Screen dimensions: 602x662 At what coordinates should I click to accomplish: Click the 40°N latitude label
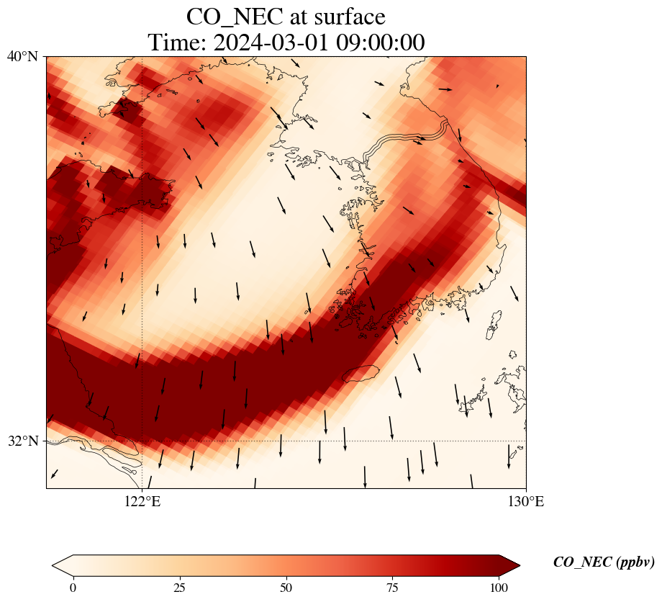click(22, 56)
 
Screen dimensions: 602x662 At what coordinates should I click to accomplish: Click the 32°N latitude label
click(22, 441)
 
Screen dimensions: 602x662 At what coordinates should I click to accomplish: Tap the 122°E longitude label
click(142, 501)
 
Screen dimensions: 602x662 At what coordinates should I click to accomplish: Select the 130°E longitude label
click(526, 501)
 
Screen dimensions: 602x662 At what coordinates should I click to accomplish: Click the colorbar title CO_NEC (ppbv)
click(603, 562)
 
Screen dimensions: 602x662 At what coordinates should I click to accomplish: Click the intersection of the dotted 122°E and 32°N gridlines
click(142, 441)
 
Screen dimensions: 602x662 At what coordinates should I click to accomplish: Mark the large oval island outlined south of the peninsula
click(361, 374)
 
